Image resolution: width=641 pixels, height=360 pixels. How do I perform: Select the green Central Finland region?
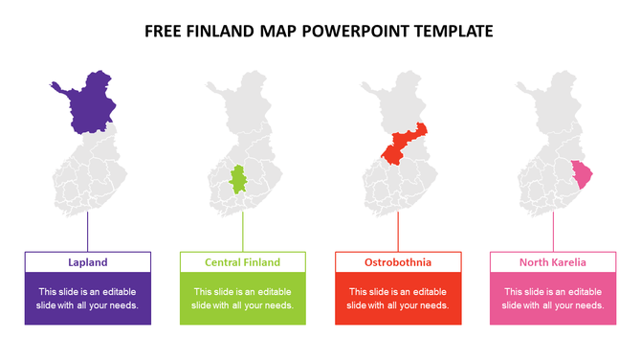241,179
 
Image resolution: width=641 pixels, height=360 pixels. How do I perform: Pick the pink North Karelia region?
581,174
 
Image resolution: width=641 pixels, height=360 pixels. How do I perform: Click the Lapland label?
87,262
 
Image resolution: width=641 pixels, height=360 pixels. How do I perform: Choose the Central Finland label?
243,262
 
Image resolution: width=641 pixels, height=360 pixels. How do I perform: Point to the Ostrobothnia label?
398,262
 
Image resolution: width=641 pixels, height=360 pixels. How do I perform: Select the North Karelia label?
553,262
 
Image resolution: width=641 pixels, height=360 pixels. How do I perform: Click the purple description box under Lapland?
87,299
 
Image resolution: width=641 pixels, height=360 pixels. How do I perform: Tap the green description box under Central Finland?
243,299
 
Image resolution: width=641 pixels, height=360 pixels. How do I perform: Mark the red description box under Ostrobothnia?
398,299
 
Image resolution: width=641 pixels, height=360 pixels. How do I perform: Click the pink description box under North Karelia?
553,299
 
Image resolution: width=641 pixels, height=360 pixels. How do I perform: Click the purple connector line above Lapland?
88,232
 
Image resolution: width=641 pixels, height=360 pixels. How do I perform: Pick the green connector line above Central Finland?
243,232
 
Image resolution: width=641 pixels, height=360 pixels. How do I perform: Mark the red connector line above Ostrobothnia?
398,232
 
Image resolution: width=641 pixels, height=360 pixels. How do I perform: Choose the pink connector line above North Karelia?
553,232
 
